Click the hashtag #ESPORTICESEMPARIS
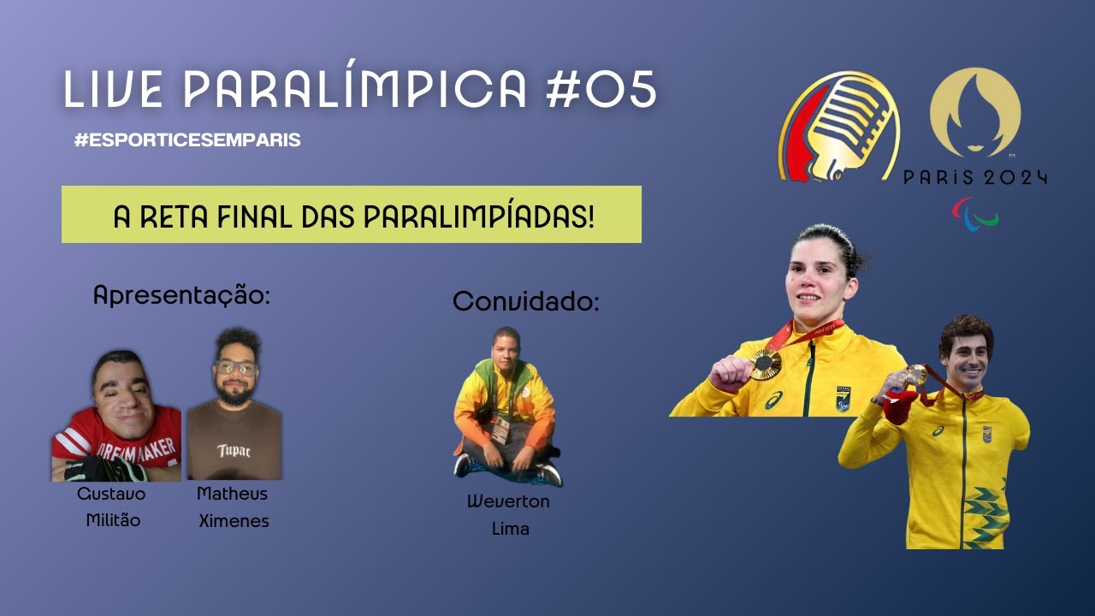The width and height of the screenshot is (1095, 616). tap(187, 140)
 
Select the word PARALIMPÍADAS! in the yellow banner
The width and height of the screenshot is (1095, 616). tap(478, 216)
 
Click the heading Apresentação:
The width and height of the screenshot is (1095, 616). tap(181, 296)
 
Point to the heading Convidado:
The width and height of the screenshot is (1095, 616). tap(525, 301)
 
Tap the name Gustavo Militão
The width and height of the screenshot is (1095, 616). tap(111, 506)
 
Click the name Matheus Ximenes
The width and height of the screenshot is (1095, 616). tap(233, 506)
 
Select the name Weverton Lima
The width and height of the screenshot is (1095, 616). tap(509, 514)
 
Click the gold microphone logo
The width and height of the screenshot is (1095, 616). tap(838, 126)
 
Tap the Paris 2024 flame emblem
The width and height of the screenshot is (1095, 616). tap(974, 113)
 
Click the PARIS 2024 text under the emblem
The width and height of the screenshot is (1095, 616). tap(974, 178)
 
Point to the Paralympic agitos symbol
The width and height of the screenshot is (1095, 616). tap(975, 214)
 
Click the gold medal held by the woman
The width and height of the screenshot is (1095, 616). tap(766, 364)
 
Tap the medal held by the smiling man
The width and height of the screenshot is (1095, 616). tap(916, 375)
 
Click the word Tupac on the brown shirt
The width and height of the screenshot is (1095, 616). tap(233, 450)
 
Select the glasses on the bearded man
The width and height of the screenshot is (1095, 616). tap(236, 369)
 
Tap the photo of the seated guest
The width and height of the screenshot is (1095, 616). tap(506, 407)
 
